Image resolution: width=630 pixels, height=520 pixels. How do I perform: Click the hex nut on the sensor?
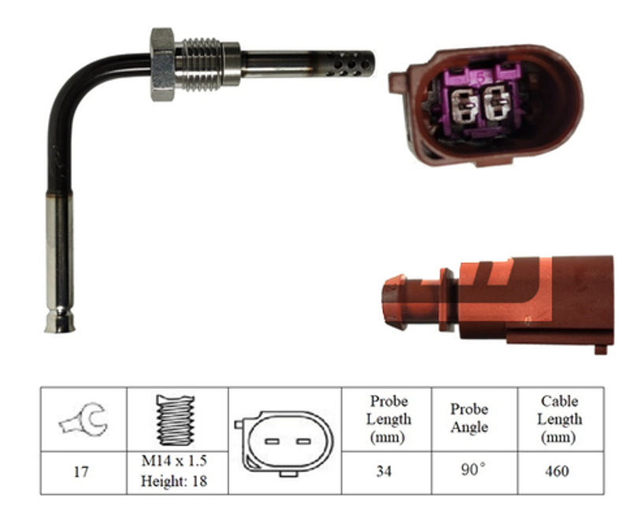[163, 65]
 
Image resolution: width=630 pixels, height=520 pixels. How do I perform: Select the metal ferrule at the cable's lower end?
[60, 263]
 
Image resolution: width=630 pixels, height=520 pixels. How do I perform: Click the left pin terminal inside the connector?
[463, 105]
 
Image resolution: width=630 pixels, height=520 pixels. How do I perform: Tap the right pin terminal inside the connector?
[497, 103]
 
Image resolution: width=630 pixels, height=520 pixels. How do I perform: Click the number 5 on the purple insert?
[481, 77]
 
